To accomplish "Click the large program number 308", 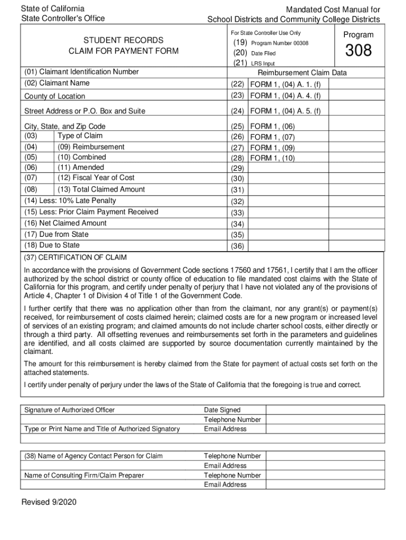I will (x=359, y=51).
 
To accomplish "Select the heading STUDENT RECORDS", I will (x=123, y=40).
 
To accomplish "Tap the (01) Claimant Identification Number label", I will (x=82, y=72).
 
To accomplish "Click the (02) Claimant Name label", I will (x=57, y=83).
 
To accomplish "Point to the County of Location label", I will (x=55, y=97).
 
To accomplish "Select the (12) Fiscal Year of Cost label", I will (x=96, y=178).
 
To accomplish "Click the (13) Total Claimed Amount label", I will (x=101, y=189).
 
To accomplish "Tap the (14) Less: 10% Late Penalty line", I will (x=70, y=201).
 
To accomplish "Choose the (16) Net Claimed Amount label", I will (x=65, y=223).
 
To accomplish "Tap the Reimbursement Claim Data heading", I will (x=302, y=73).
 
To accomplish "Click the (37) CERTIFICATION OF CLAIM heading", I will (x=75, y=258).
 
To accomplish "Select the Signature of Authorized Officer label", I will (x=70, y=410).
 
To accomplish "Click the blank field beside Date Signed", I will (x=325, y=410).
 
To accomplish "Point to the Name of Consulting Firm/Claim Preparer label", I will (x=84, y=476).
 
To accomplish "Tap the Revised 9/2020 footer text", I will (x=49, y=503).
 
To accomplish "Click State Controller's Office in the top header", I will (x=63, y=18).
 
